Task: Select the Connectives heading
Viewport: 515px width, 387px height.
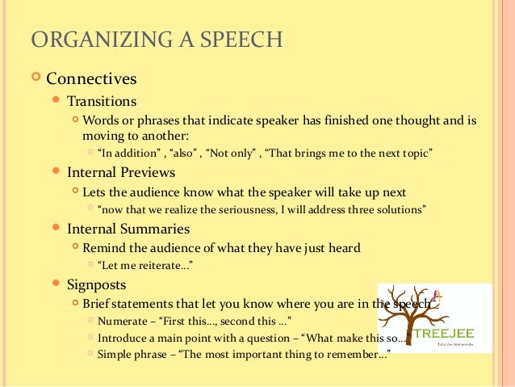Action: (91, 79)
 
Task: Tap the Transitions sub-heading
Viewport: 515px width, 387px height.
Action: (102, 102)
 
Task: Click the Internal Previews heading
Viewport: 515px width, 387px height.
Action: (121, 172)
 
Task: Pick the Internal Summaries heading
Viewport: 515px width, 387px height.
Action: (128, 229)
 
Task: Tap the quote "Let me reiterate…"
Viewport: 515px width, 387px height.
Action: (145, 265)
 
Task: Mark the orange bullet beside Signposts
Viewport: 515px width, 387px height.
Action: (55, 284)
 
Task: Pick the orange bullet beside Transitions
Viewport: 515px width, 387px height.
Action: (55, 102)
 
